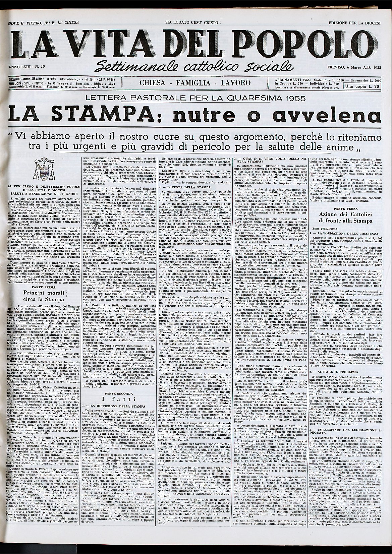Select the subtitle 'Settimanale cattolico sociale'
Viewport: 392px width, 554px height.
tap(195, 66)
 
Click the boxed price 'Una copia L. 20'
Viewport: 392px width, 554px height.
tap(366, 86)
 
